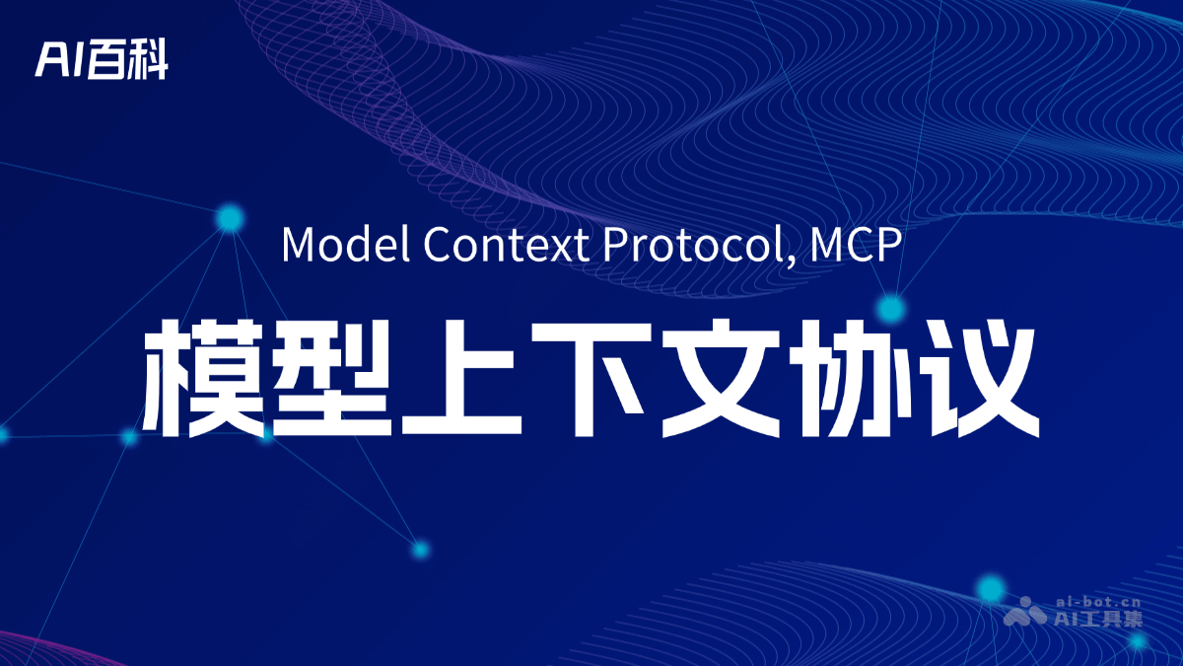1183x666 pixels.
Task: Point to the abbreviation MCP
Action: click(x=854, y=244)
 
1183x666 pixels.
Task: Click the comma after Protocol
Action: click(x=791, y=259)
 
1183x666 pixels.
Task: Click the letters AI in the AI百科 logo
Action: click(x=60, y=61)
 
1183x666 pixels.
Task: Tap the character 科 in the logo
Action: click(x=148, y=61)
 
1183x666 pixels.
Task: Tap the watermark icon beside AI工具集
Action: click(x=1025, y=612)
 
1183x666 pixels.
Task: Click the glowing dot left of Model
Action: click(x=230, y=218)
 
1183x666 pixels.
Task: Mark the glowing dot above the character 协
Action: click(x=891, y=309)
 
